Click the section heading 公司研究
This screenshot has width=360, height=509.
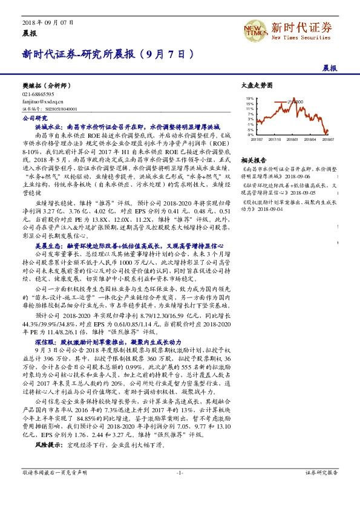32,119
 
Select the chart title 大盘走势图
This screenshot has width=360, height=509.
253,86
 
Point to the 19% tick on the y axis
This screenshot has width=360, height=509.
249,97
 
